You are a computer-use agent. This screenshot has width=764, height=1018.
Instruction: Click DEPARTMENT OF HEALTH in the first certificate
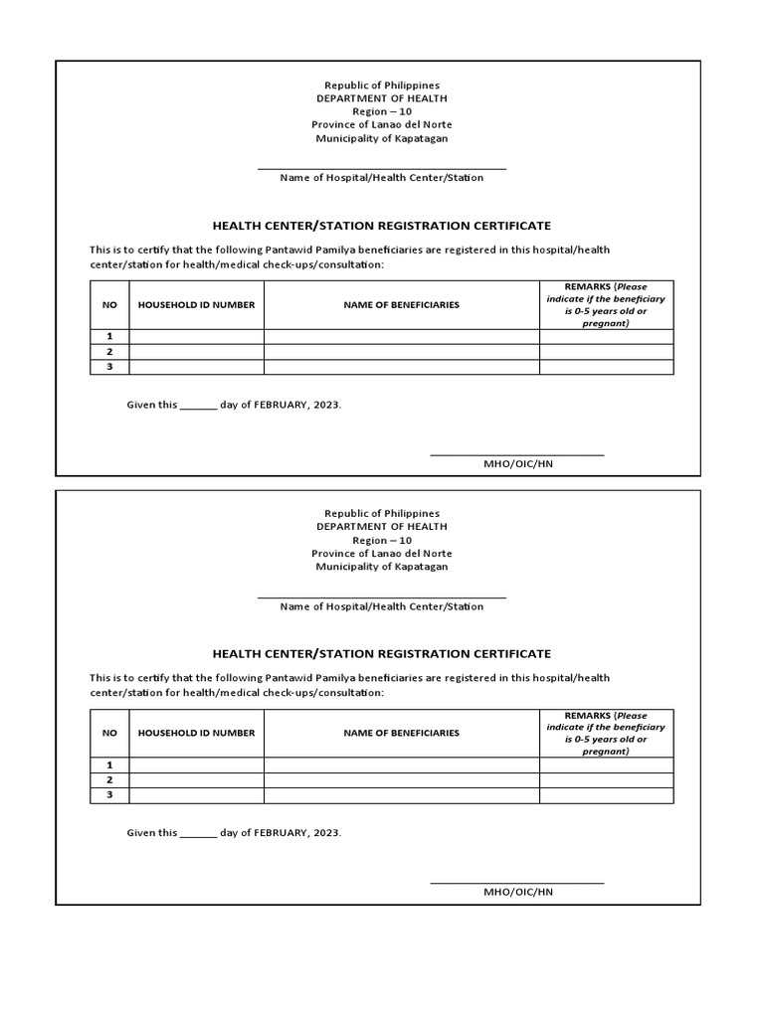click(382, 98)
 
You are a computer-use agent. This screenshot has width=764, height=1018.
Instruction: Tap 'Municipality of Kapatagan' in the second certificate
click(382, 567)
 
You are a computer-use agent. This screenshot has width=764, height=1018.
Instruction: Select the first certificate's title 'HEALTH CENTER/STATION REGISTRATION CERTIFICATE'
click(382, 227)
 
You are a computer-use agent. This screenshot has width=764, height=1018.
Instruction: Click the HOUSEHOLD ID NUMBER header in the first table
click(196, 305)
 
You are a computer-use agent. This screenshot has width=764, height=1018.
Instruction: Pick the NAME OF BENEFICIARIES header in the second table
click(402, 733)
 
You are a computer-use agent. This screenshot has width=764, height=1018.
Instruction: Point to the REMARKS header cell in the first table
click(606, 304)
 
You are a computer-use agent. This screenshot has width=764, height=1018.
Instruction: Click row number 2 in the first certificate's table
click(109, 352)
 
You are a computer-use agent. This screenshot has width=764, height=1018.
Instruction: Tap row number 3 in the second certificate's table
click(109, 794)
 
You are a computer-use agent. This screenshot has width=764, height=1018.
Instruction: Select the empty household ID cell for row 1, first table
click(196, 337)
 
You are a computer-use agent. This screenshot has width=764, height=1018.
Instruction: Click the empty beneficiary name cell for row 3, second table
click(402, 794)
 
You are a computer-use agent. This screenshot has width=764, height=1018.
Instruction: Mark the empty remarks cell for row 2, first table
click(606, 352)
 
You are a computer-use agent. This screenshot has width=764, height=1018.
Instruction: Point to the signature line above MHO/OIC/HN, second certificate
click(516, 882)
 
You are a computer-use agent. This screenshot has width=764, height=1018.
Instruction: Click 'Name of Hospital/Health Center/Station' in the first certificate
click(382, 178)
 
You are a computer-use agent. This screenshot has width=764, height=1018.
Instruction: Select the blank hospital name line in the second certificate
click(382, 597)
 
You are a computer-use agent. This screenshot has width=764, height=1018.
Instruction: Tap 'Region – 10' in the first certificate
click(382, 111)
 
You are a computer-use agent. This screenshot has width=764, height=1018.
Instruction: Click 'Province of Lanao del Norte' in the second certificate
click(382, 553)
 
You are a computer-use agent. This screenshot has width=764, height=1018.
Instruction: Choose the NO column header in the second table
click(109, 733)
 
